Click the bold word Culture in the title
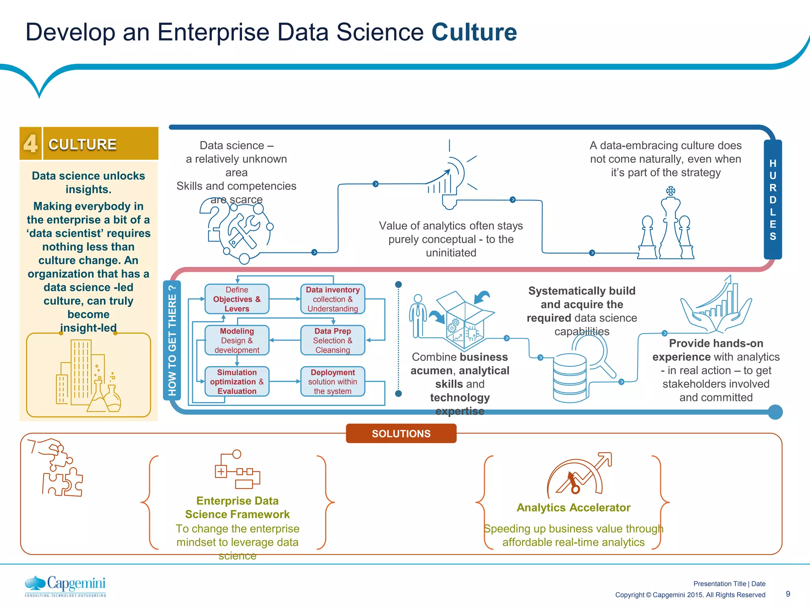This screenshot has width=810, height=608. click(474, 32)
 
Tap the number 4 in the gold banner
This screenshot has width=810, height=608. click(30, 143)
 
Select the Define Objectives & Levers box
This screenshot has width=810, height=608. click(237, 299)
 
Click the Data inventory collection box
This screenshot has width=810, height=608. click(333, 299)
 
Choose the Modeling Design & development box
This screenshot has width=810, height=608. click(237, 340)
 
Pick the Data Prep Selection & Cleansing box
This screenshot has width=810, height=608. click(333, 340)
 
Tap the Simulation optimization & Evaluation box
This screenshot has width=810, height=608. click(237, 382)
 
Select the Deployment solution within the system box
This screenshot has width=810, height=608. click(333, 382)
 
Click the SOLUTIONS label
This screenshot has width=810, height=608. click(401, 433)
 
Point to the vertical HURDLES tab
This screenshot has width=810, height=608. click(772, 199)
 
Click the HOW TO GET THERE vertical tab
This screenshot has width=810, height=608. click(172, 340)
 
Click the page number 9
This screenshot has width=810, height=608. click(788, 594)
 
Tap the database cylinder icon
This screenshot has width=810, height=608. click(570, 378)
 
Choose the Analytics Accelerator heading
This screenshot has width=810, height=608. click(573, 507)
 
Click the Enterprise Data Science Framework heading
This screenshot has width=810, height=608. click(237, 507)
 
